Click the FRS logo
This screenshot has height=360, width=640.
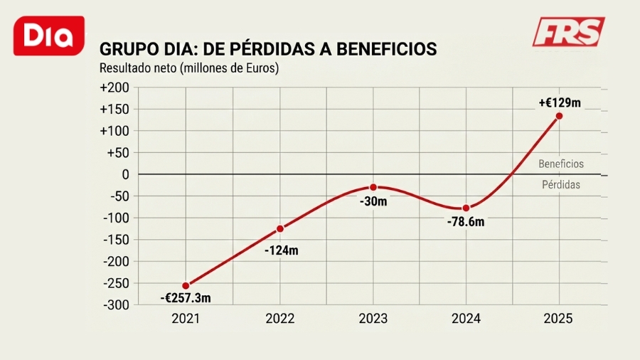pos(568,32)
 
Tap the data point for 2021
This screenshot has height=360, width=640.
pos(186,285)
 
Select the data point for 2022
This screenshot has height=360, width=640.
pos(280,228)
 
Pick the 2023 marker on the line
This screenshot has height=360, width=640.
pos(373,187)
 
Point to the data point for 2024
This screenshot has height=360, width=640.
pos(466,208)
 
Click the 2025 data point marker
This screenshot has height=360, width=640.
pos(559,116)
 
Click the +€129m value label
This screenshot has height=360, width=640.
pos(559,102)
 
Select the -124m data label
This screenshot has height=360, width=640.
pos(281,250)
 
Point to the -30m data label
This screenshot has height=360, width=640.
pos(373,201)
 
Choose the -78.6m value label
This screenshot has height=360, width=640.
pos(466,222)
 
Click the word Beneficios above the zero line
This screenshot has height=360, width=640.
pos(560,164)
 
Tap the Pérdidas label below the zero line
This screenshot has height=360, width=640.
pos(560,184)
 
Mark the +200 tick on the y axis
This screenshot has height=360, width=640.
pos(115,88)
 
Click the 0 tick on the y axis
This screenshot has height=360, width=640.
pos(125,174)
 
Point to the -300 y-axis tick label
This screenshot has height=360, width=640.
pos(116,305)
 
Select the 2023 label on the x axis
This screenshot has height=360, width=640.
pos(373,319)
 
